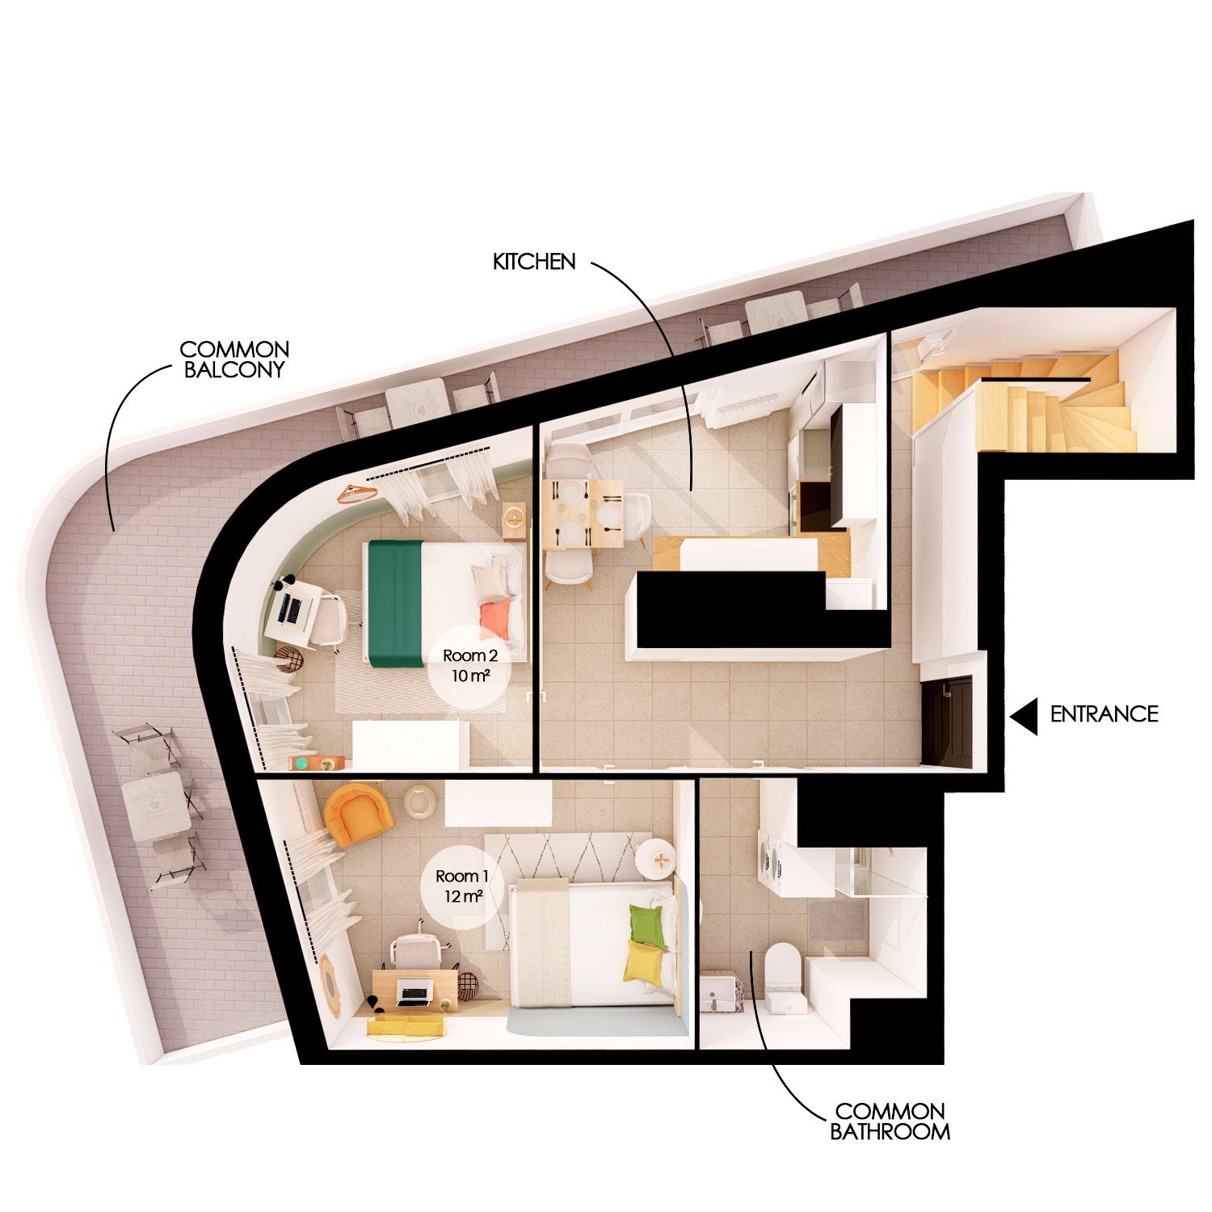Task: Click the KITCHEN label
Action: coord(534,262)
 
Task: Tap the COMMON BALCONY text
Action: coord(234,360)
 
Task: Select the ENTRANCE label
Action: coord(1104,714)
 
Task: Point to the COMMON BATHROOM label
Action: coord(890,1122)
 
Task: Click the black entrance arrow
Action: coord(1025,716)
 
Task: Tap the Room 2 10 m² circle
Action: coord(469,666)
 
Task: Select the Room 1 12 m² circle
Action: coord(462,886)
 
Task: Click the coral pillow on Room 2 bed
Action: coord(495,617)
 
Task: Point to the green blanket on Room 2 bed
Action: coord(396,603)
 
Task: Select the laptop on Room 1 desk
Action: coord(414,991)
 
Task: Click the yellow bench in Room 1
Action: coord(407,1026)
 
